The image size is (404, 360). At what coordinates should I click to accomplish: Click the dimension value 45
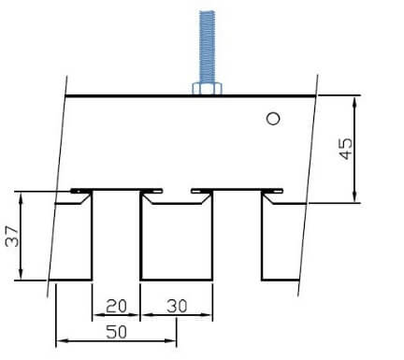346,149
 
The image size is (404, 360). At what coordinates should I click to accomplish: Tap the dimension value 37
12,236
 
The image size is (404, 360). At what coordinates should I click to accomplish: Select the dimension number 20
116,306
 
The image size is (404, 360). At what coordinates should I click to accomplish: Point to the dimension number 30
177,306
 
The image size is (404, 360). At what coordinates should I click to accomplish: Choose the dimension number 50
116,332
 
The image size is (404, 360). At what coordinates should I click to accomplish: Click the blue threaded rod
207,47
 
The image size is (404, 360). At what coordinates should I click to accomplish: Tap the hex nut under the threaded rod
207,88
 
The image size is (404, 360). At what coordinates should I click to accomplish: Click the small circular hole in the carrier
273,119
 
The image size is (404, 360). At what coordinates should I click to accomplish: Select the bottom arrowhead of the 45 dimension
354,196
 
